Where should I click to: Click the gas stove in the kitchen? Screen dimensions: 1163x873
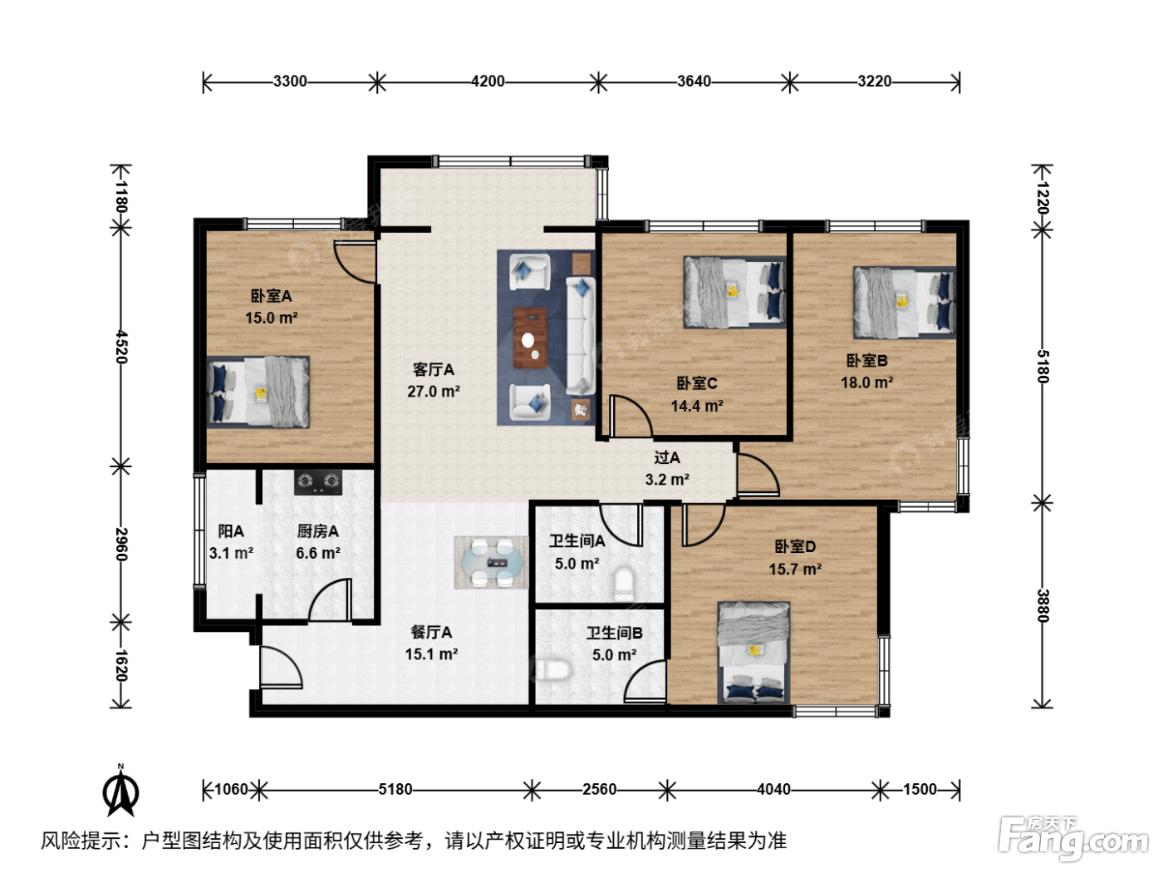317,482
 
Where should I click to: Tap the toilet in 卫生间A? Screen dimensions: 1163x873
623,584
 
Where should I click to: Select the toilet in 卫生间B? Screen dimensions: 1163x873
552,670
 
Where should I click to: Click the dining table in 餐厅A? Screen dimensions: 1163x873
491,562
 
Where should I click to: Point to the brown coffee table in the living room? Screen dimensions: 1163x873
530,338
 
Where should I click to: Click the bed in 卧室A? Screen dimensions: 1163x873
258,392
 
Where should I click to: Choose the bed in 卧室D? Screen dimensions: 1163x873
753,653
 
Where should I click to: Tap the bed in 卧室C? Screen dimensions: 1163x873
734,292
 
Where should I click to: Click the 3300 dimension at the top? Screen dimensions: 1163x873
290,81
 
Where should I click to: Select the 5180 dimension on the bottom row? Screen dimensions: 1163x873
395,789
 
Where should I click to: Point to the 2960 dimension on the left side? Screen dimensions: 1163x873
121,544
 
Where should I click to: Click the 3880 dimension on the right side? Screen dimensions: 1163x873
1043,605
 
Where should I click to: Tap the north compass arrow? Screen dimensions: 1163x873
120,791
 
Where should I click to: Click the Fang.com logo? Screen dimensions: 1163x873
1073,839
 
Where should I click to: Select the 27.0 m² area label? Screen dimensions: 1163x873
434,391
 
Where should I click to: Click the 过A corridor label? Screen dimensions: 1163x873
667,457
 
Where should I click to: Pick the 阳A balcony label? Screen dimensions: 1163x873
231,530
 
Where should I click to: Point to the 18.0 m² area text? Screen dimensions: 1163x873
866,382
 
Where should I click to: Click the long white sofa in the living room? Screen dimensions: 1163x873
581,336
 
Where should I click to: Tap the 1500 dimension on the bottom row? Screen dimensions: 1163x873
920,789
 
